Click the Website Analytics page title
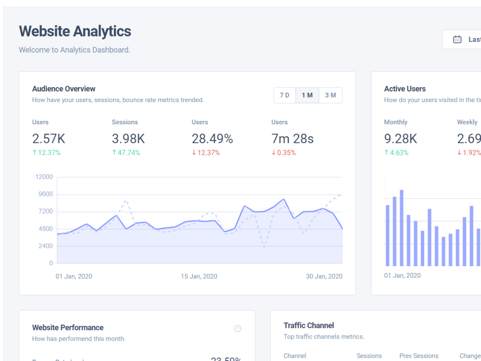pyautogui.click(x=75, y=31)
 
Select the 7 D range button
pyautogui.click(x=285, y=95)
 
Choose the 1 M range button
pyautogui.click(x=307, y=95)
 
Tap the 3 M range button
pyautogui.click(x=330, y=95)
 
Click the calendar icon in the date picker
pyautogui.click(x=457, y=39)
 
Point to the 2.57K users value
pyautogui.click(x=49, y=139)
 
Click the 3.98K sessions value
pyautogui.click(x=128, y=139)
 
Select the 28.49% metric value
pyautogui.click(x=212, y=139)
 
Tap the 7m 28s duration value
pyautogui.click(x=292, y=139)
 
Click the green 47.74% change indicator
pyautogui.click(x=126, y=153)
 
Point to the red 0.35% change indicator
pyautogui.click(x=283, y=153)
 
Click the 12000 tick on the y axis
pyautogui.click(x=44, y=177)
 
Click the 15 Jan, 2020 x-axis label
pyautogui.click(x=199, y=276)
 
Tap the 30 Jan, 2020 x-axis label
pyautogui.click(x=324, y=276)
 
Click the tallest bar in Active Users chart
pyautogui.click(x=401, y=228)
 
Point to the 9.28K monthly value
pyautogui.click(x=400, y=139)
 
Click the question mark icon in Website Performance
pyautogui.click(x=238, y=328)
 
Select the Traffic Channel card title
pyautogui.click(x=309, y=325)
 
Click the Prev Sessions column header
pyautogui.click(x=418, y=356)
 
